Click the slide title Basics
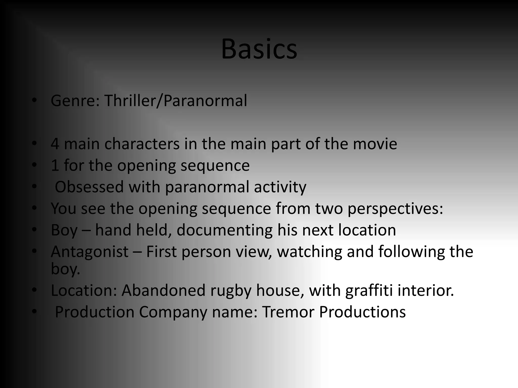point(259,49)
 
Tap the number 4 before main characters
point(55,144)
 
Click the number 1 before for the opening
point(55,165)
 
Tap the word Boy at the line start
point(64,230)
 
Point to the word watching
point(309,252)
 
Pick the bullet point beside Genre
point(34,101)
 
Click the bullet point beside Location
point(34,290)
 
